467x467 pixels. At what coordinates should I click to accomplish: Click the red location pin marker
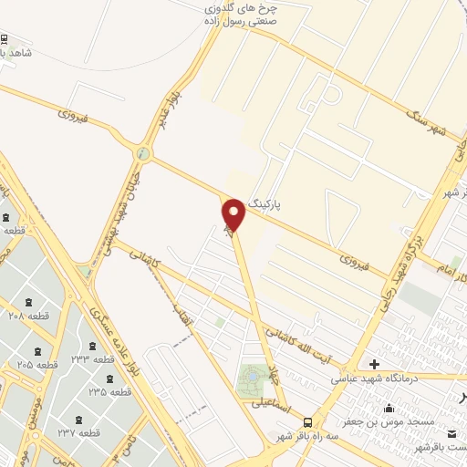[233, 215]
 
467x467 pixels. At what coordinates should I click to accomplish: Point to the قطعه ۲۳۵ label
[109, 390]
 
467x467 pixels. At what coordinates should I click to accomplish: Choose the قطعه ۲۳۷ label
[78, 432]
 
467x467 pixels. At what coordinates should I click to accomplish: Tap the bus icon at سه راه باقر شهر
[308, 422]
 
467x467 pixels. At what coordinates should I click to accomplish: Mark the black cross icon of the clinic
[400, 364]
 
